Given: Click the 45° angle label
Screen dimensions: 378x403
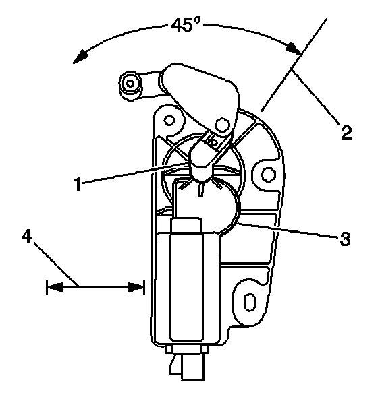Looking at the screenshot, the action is [186, 25].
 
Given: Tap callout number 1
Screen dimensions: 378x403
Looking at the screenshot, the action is [78, 184].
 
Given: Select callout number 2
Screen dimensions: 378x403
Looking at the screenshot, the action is [346, 132].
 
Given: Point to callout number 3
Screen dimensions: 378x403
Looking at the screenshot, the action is [345, 239].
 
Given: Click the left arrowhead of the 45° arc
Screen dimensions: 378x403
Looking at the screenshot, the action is [80, 57].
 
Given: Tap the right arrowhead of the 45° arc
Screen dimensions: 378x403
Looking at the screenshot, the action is [294, 48].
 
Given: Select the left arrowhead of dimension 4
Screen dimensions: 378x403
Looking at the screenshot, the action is [55, 287].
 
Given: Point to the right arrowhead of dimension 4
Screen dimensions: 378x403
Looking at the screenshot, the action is [136, 287].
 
